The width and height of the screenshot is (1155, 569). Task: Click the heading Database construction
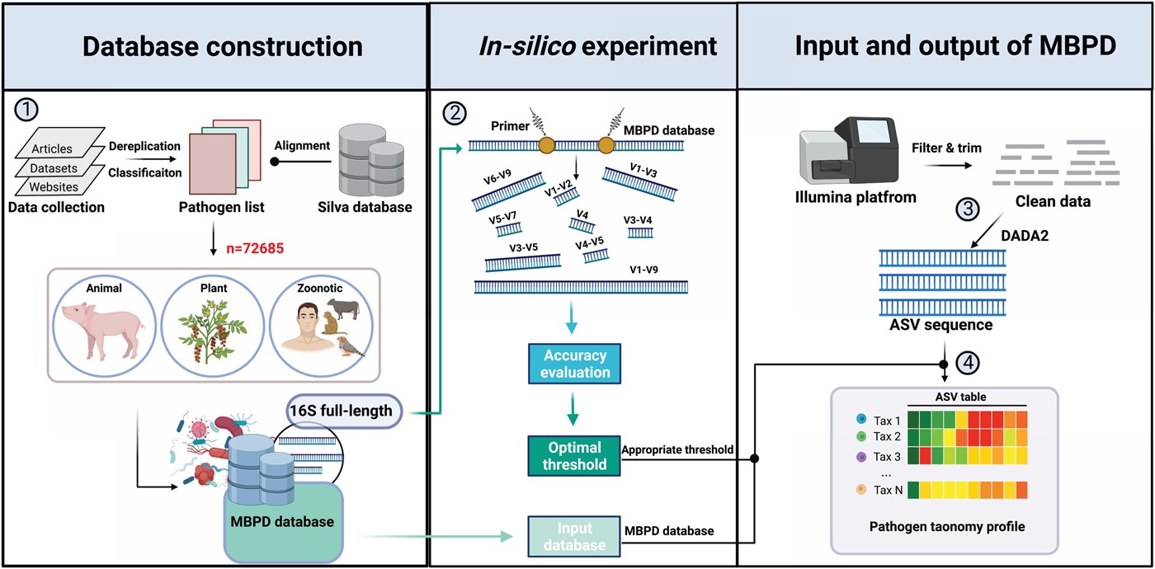click(x=214, y=47)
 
